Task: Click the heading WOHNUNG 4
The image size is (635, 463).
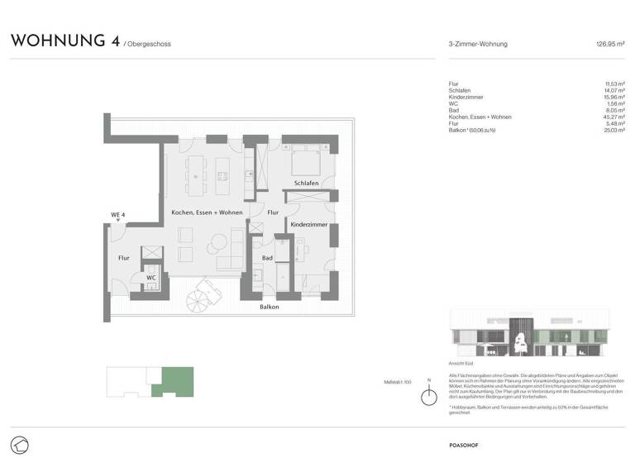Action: coord(63,41)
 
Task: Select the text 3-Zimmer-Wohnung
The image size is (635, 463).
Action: coord(477,44)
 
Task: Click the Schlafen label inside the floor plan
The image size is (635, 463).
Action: coord(306,183)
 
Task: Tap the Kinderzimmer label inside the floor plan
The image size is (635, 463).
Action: coord(308,224)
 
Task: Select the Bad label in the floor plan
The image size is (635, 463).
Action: coord(267,258)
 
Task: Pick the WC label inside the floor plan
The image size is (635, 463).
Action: coord(151,278)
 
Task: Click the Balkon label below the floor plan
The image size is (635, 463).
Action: coord(268,308)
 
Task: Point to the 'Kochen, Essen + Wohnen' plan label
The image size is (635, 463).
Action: coord(207,212)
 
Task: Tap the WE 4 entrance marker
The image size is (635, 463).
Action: coord(117,216)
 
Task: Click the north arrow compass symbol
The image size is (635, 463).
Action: coord(428,397)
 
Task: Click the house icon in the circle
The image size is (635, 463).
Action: coord(20,444)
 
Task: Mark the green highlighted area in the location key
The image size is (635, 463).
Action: coord(177,380)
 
